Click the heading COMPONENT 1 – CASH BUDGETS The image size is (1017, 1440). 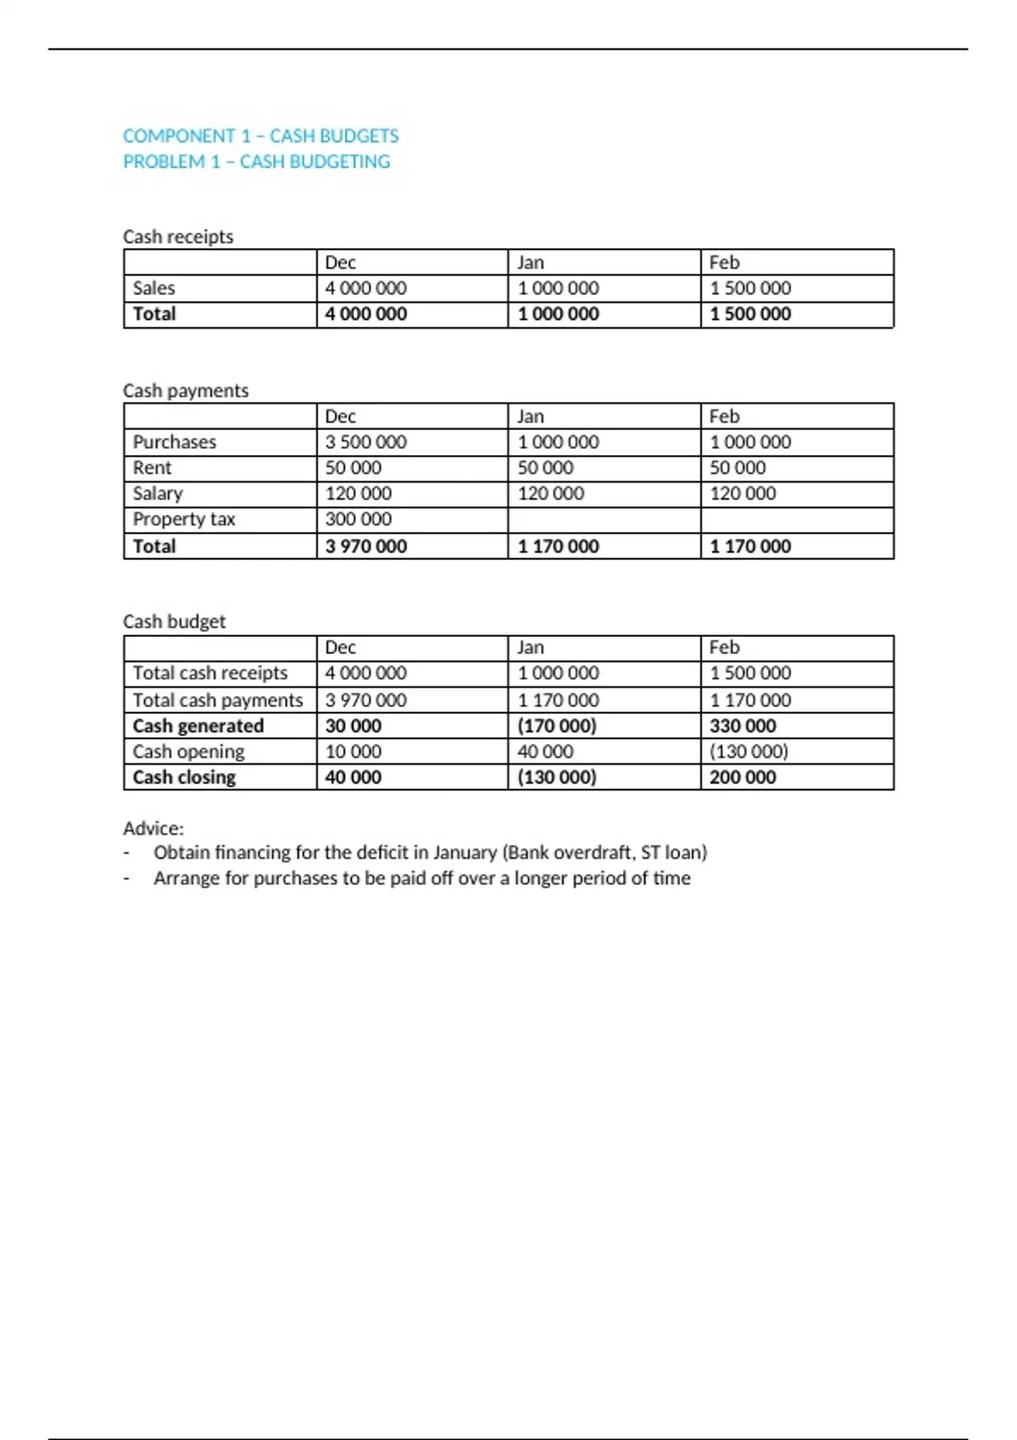coord(260,136)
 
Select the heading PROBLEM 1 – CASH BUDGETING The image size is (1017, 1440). coord(256,162)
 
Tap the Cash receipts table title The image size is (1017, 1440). coord(178,236)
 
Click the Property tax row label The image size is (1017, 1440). coord(184,519)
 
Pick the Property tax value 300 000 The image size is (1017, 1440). coord(358,519)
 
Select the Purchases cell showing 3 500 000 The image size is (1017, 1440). coord(366,442)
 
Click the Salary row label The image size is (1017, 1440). coord(158,494)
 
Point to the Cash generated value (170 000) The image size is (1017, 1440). coord(557,726)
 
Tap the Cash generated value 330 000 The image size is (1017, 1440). coord(742,726)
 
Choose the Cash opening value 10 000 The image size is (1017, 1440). coord(353,751)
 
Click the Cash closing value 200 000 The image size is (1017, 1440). coord(742,777)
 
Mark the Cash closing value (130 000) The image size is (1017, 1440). coord(557,777)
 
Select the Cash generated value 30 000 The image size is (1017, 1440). coord(353,726)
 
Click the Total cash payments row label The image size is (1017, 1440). coord(218,701)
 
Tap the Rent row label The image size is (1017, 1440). coord(152,468)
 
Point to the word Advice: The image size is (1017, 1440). coord(153,828)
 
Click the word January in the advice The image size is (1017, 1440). coord(464,853)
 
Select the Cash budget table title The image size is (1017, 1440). coord(175,622)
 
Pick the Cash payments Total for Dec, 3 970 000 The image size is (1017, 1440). coord(366,546)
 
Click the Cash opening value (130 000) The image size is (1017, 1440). coord(748,751)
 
